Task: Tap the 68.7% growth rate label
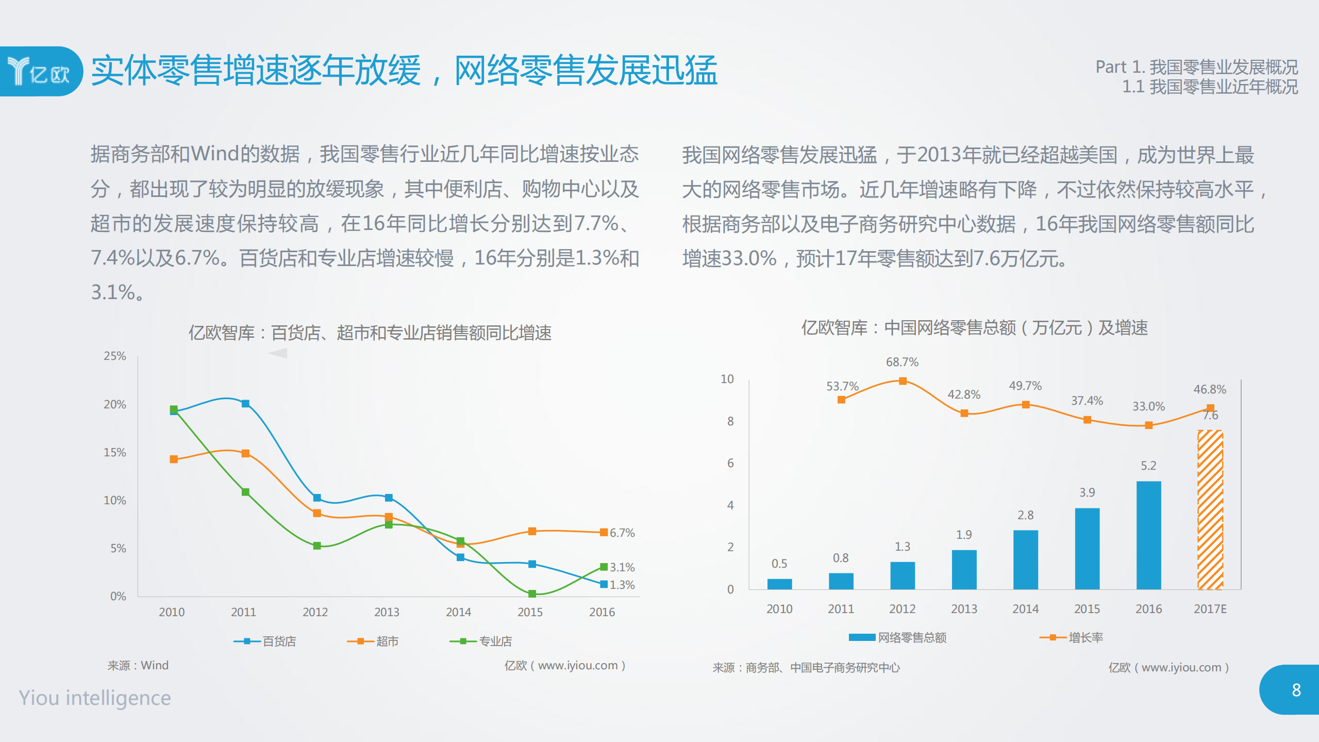(x=902, y=362)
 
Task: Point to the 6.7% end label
(x=622, y=533)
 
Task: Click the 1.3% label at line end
(x=622, y=585)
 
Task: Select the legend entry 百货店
(x=265, y=641)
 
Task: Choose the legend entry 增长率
(x=1072, y=637)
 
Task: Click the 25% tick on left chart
(x=114, y=356)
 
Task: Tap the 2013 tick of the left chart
(x=387, y=612)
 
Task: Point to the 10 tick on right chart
(x=727, y=379)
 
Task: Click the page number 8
(x=1296, y=690)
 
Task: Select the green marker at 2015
(x=532, y=594)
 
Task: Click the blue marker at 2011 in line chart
(x=245, y=403)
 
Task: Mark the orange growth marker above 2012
(x=903, y=381)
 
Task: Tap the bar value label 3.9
(x=1087, y=492)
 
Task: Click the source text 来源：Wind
(x=138, y=665)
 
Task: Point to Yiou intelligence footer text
(x=95, y=698)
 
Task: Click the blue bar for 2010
(x=779, y=584)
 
